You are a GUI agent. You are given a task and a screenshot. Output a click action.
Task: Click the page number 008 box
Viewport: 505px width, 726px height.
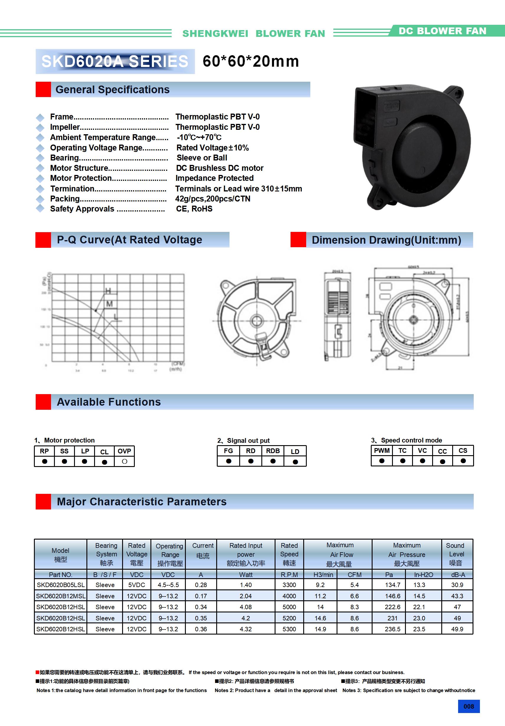469,706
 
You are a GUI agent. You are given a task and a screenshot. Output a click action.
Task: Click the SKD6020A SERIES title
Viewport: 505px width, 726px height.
115,61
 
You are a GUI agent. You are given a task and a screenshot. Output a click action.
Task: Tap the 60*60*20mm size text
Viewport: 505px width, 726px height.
251,61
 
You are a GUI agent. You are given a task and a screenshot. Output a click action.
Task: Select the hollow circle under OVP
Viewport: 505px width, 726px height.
124,461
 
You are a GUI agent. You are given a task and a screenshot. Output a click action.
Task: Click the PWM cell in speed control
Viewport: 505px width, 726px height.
382,450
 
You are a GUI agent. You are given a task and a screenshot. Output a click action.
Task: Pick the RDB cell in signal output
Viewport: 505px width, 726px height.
273,451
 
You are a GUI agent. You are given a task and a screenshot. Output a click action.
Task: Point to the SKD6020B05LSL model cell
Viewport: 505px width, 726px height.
61,585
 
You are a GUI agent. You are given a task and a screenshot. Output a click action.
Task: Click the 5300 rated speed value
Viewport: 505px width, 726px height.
289,629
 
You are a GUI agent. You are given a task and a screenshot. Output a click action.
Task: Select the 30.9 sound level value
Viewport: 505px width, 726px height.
457,585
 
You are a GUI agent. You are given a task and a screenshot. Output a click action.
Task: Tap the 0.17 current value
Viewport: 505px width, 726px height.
201,596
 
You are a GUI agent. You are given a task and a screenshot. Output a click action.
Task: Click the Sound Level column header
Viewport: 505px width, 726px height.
455,554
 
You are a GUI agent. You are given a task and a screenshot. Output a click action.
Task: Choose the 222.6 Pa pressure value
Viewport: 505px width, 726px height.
392,607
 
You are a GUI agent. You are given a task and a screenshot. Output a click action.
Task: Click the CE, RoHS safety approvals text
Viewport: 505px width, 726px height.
194,209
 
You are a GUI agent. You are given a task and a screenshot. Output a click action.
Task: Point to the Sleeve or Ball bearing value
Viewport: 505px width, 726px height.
202,158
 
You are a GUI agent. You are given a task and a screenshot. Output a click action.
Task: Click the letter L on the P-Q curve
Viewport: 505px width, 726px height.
116,316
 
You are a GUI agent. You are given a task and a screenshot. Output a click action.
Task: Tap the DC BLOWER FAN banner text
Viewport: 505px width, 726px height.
442,31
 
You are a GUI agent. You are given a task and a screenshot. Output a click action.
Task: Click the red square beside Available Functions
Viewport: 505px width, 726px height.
43,402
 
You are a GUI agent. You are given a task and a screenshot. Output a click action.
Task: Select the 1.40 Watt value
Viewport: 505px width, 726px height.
246,585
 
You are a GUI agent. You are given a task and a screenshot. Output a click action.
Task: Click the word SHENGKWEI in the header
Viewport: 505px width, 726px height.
215,34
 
